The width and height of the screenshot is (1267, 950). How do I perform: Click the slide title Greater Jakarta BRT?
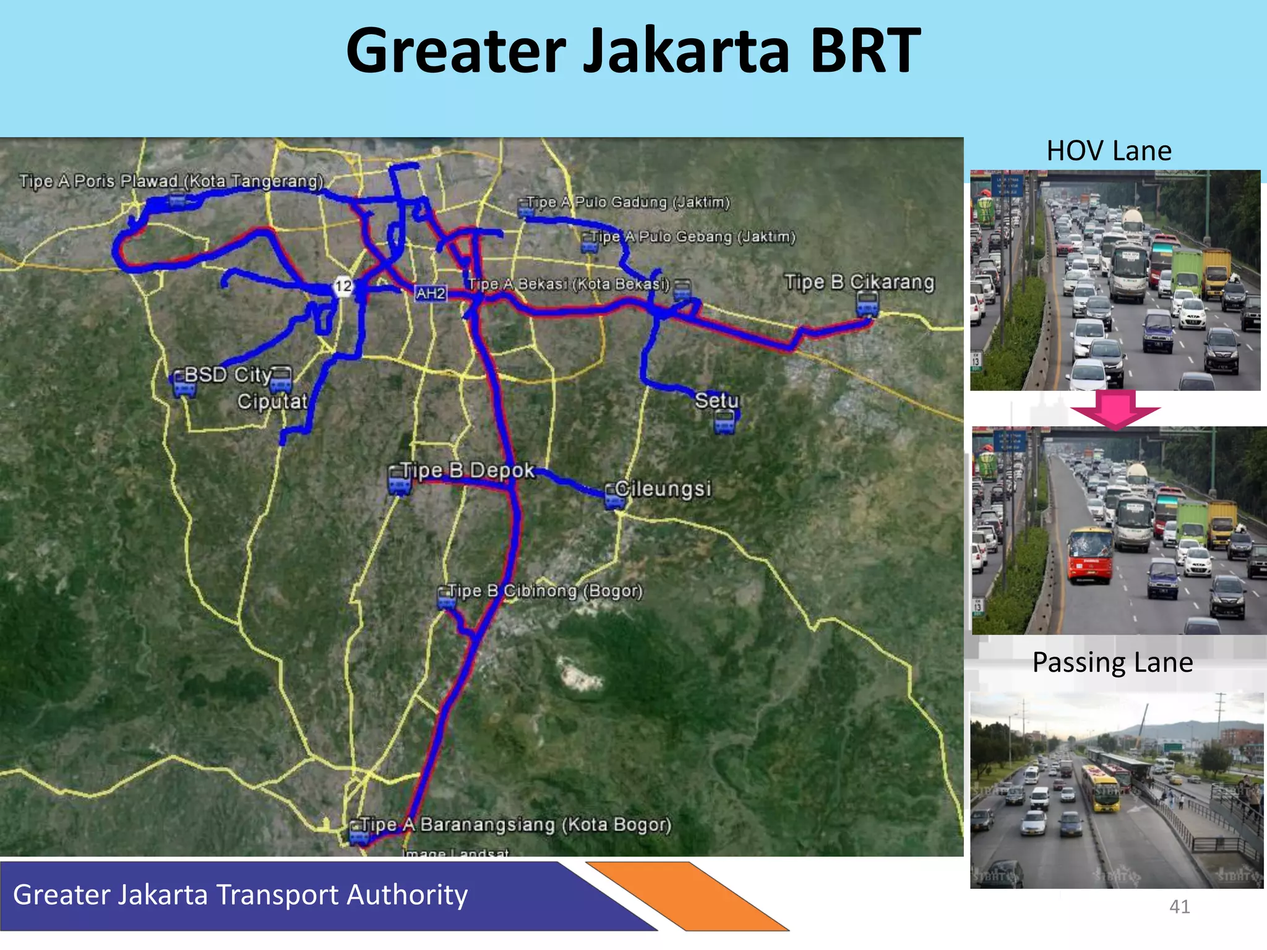633,51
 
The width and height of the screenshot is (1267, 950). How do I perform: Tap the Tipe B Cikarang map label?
859,282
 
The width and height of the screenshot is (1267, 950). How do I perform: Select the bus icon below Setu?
724,422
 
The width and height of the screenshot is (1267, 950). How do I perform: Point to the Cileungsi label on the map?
663,489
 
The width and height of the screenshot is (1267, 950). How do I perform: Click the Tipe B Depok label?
467,470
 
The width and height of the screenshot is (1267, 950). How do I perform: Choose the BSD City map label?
228,374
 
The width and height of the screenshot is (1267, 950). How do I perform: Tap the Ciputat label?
272,401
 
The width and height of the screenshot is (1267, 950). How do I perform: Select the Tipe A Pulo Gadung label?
628,202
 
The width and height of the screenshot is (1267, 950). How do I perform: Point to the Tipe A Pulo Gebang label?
692,236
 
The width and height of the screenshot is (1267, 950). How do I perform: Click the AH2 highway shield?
431,293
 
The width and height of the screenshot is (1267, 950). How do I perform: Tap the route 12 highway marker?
343,286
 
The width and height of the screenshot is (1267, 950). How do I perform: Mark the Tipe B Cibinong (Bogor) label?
544,591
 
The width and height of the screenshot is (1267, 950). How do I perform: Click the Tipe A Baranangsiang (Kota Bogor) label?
515,824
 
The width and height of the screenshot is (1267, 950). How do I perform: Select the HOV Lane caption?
1109,151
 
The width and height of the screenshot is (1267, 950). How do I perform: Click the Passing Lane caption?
1112,662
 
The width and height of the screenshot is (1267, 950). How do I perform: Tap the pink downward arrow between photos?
1115,409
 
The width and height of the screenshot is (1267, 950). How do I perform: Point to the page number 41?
1179,907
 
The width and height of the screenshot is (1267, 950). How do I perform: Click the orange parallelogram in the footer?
687,896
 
